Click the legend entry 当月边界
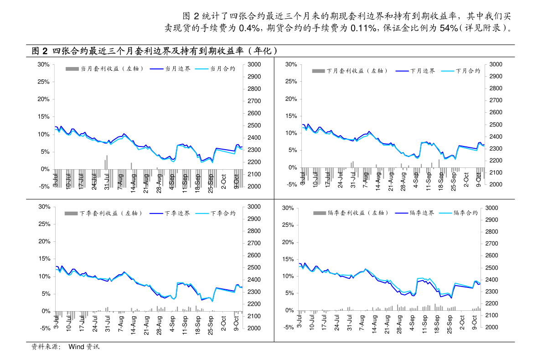[170, 68]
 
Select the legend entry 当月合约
[215, 68]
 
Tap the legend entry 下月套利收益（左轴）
[350, 71]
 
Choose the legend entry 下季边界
[170, 213]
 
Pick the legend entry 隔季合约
[459, 213]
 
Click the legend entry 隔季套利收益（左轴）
[351, 213]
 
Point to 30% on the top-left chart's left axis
[44, 64]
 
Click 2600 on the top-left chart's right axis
[254, 113]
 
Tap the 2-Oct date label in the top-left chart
[224, 182]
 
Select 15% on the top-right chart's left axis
[291, 116]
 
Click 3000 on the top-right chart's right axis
[496, 64]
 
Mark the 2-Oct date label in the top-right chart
[466, 180]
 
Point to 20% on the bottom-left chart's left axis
[44, 241]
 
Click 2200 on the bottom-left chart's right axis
[254, 304]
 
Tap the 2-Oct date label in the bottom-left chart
[224, 323]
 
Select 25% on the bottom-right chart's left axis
[288, 225]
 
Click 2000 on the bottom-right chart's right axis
[492, 327]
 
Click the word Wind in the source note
[77, 346]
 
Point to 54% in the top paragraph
[449, 28]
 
